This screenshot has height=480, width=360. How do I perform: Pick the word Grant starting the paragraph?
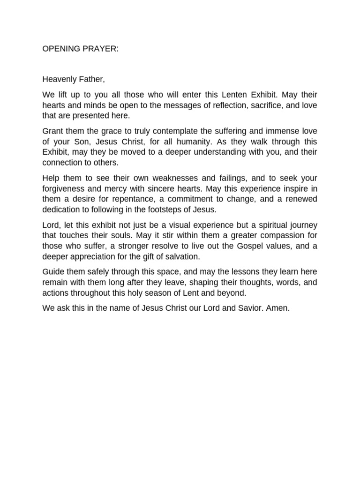(53, 131)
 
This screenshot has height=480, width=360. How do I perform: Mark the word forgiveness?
(64, 189)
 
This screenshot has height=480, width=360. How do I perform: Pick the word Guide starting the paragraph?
(52, 272)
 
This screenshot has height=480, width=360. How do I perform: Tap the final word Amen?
(280, 309)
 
